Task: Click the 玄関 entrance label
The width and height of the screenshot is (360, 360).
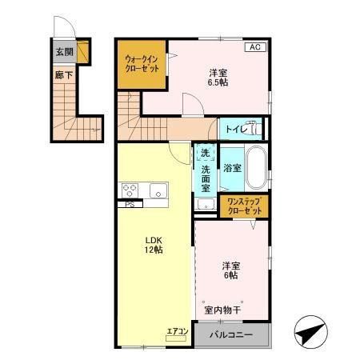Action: point(63,51)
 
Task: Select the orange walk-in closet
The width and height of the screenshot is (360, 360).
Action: point(142,63)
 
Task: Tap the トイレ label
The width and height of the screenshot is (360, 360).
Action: point(234,129)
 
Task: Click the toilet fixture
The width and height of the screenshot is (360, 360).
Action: point(254,128)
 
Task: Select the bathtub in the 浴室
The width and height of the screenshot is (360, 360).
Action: point(255,168)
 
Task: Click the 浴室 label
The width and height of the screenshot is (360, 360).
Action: point(232,168)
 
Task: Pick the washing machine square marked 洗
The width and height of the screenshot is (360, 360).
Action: point(205,152)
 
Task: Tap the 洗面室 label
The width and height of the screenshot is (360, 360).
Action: point(206,180)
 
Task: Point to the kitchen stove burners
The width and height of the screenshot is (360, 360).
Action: point(131,190)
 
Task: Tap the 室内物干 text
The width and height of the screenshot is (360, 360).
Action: point(223,309)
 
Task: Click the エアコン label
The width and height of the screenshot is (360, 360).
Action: point(177,330)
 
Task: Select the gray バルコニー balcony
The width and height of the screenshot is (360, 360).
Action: point(232,335)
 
